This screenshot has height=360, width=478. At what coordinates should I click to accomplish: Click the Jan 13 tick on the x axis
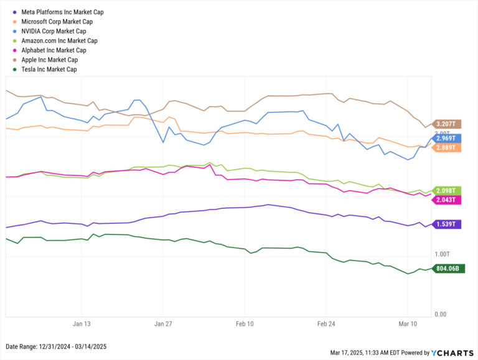point(82,324)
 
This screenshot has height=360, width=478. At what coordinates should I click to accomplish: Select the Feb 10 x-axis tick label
point(245,324)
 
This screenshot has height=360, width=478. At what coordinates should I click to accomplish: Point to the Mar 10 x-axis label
point(408,324)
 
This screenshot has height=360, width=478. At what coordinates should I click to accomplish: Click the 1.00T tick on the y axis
point(441,254)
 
